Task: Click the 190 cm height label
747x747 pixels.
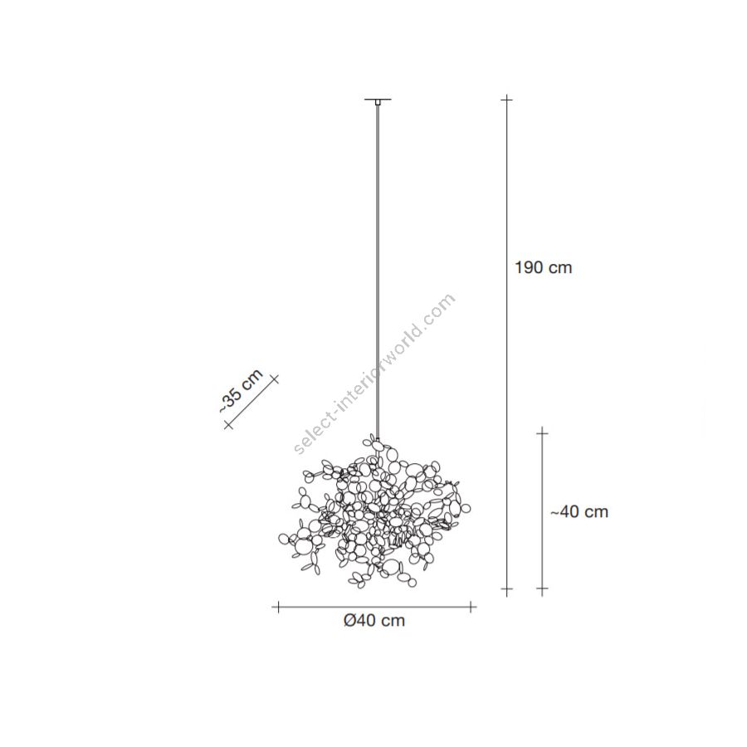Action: click(543, 268)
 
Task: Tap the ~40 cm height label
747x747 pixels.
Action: click(579, 512)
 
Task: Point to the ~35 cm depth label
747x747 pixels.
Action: click(240, 390)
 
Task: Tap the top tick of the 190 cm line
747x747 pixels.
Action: click(507, 100)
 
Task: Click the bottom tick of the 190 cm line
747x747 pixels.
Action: click(507, 590)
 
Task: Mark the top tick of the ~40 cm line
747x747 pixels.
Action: click(542, 432)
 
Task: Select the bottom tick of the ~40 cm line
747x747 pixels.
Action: click(542, 590)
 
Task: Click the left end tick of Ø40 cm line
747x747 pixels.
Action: click(276, 607)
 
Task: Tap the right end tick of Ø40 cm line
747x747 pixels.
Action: click(472, 607)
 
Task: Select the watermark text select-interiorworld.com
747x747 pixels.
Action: click(375, 373)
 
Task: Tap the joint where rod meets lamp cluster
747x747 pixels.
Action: click(377, 439)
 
